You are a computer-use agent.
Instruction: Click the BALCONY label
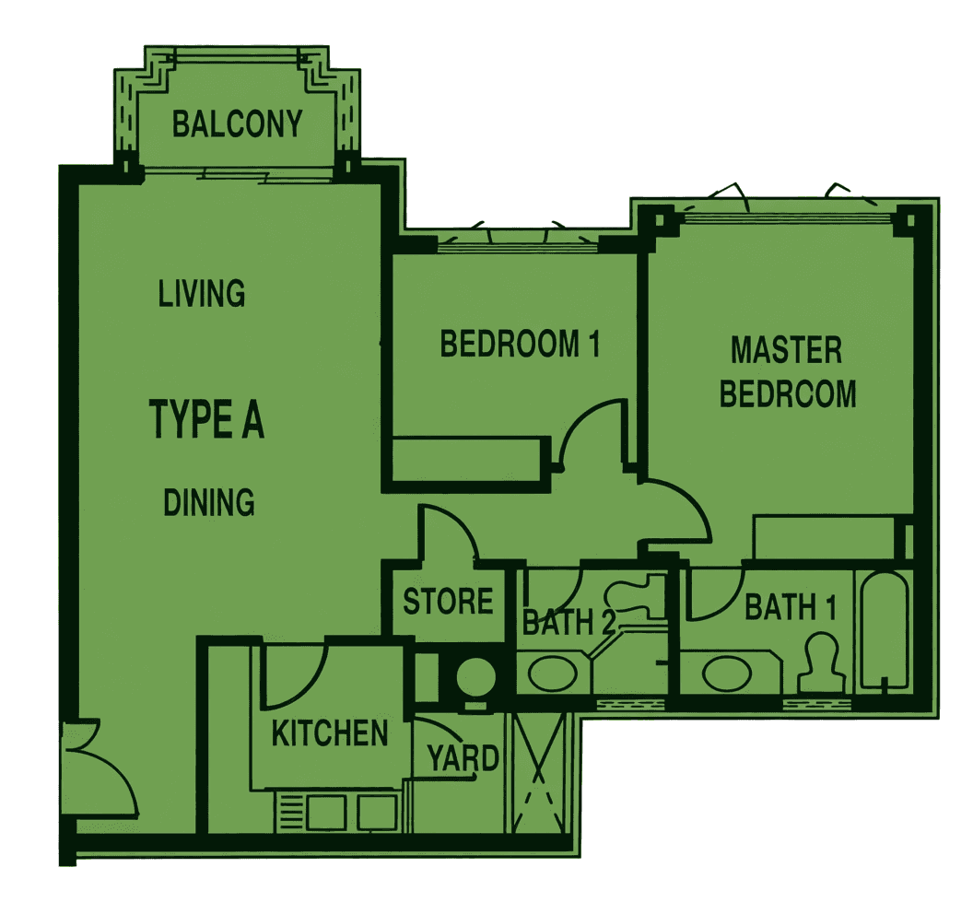[x=237, y=123]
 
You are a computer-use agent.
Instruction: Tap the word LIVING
[x=202, y=294]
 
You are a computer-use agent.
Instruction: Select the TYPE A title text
[x=206, y=419]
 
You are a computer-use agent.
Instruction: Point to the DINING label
[x=209, y=502]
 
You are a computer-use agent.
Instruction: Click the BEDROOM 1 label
[x=520, y=344]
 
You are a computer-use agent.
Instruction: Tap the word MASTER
[x=786, y=350]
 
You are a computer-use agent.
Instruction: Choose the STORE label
[x=448, y=602]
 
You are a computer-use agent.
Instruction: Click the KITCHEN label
[x=330, y=733]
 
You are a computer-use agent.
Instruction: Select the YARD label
[x=463, y=758]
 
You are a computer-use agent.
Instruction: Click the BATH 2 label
[x=569, y=622]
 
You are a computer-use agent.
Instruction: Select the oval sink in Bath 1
[x=726, y=673]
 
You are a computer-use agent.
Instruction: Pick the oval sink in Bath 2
[x=552, y=673]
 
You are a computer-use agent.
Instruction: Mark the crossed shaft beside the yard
[x=537, y=773]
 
